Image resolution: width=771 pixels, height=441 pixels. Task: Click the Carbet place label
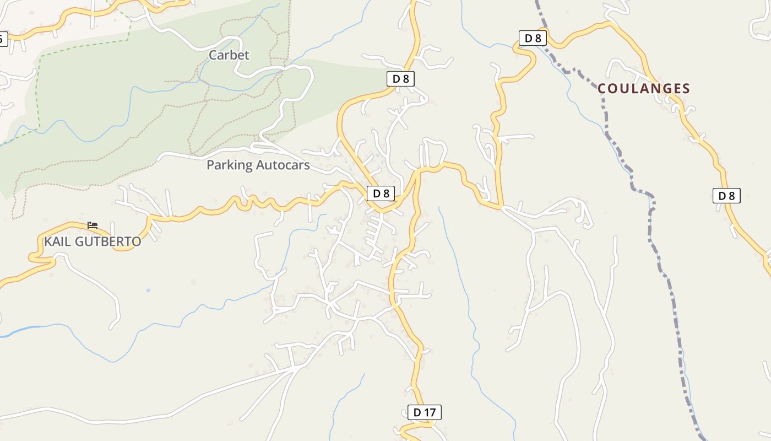(x=229, y=55)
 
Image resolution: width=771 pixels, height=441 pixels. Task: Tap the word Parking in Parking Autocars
(x=230, y=165)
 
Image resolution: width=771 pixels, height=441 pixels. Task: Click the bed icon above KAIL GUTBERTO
(x=93, y=225)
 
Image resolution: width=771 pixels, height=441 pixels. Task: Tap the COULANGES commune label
(x=643, y=89)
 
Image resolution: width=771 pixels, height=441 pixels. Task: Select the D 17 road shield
(x=424, y=412)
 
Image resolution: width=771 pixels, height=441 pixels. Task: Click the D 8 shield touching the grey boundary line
(x=533, y=38)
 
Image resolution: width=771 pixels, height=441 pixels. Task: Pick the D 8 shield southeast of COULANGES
(x=726, y=195)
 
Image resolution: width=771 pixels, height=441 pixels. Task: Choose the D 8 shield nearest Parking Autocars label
(x=381, y=193)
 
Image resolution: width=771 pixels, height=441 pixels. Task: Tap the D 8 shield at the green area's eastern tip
(x=400, y=79)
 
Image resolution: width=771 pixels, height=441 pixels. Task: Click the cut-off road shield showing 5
(x=3, y=39)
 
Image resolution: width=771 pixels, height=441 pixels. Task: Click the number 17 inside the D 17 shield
(x=430, y=412)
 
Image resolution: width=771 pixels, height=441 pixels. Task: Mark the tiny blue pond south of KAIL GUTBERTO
(x=148, y=290)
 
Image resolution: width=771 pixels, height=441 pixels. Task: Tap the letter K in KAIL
(x=48, y=241)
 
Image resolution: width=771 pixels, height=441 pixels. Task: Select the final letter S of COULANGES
(x=686, y=89)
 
